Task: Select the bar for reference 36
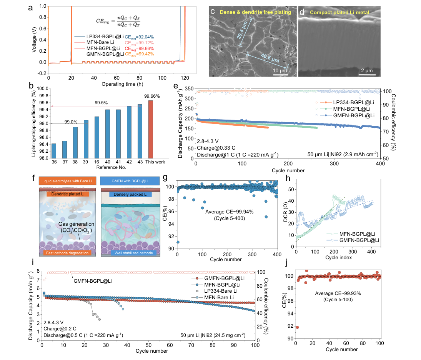[x=54, y=151]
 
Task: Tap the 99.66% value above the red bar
[x=152, y=96]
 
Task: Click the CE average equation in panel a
[x=118, y=21]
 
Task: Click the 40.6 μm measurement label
[x=270, y=58]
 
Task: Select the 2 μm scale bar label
[x=367, y=71]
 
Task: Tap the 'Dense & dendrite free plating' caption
[x=255, y=12]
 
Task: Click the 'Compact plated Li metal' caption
[x=339, y=12]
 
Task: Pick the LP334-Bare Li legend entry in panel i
[x=215, y=291]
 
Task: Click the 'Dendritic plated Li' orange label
[x=68, y=194]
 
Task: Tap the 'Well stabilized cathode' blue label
[x=134, y=253]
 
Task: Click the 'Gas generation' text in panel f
[x=76, y=224]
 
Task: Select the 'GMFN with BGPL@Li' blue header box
[x=130, y=181]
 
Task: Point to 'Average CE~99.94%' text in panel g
[x=229, y=212]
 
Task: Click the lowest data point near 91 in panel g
[x=178, y=242]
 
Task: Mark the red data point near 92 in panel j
[x=297, y=327]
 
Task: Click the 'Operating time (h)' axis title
[x=122, y=84]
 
